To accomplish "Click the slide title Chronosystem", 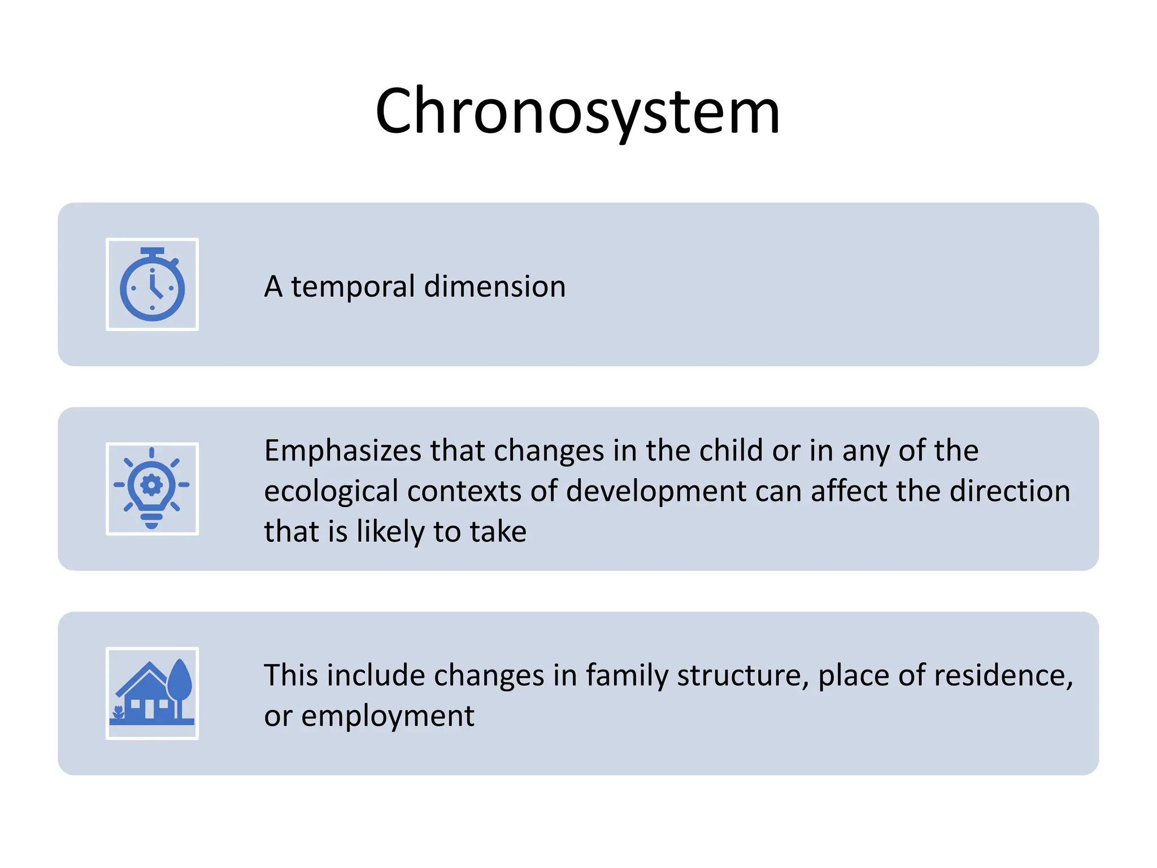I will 577,111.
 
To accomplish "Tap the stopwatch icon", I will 153,285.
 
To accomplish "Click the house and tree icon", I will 152,693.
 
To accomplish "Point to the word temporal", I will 353,287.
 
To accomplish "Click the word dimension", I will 494,287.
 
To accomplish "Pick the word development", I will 655,491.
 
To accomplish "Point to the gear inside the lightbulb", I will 151,485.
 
